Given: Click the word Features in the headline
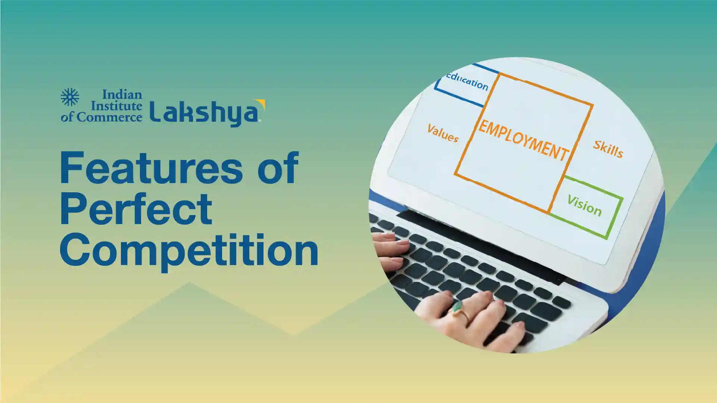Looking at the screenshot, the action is (x=152, y=168).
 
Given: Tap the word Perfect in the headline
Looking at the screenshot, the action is (x=136, y=209).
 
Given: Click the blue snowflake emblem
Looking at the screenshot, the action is (x=70, y=97).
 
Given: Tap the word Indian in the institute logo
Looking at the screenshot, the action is (x=122, y=94).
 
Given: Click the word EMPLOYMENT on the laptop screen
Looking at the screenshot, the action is (x=523, y=140).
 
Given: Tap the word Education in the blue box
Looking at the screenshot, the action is (x=467, y=81).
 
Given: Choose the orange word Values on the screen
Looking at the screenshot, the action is (x=443, y=133).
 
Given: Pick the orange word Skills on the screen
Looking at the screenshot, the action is (x=608, y=149).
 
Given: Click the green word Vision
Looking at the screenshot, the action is (x=584, y=206).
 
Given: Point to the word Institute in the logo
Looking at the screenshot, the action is (x=116, y=106).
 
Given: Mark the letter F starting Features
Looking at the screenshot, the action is (x=71, y=168).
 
